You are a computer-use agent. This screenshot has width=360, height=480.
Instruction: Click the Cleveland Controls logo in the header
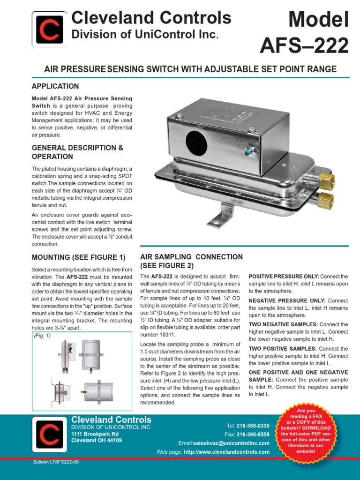coord(49,29)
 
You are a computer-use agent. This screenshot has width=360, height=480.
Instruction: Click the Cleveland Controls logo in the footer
coord(49,435)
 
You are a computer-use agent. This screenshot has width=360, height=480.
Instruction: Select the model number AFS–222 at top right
coord(305,45)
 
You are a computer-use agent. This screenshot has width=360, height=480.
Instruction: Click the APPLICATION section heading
coord(55,86)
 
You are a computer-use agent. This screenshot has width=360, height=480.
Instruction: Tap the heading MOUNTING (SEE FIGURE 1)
coord(79,257)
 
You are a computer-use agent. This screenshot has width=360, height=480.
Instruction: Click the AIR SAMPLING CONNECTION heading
coord(191,261)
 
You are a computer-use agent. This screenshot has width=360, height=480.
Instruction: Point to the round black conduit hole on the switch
coord(196,141)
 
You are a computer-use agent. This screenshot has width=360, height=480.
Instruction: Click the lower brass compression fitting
coord(325,200)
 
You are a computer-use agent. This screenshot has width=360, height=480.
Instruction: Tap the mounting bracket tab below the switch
coord(221,217)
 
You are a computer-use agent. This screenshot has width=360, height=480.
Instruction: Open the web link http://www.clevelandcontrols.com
coord(227,452)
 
